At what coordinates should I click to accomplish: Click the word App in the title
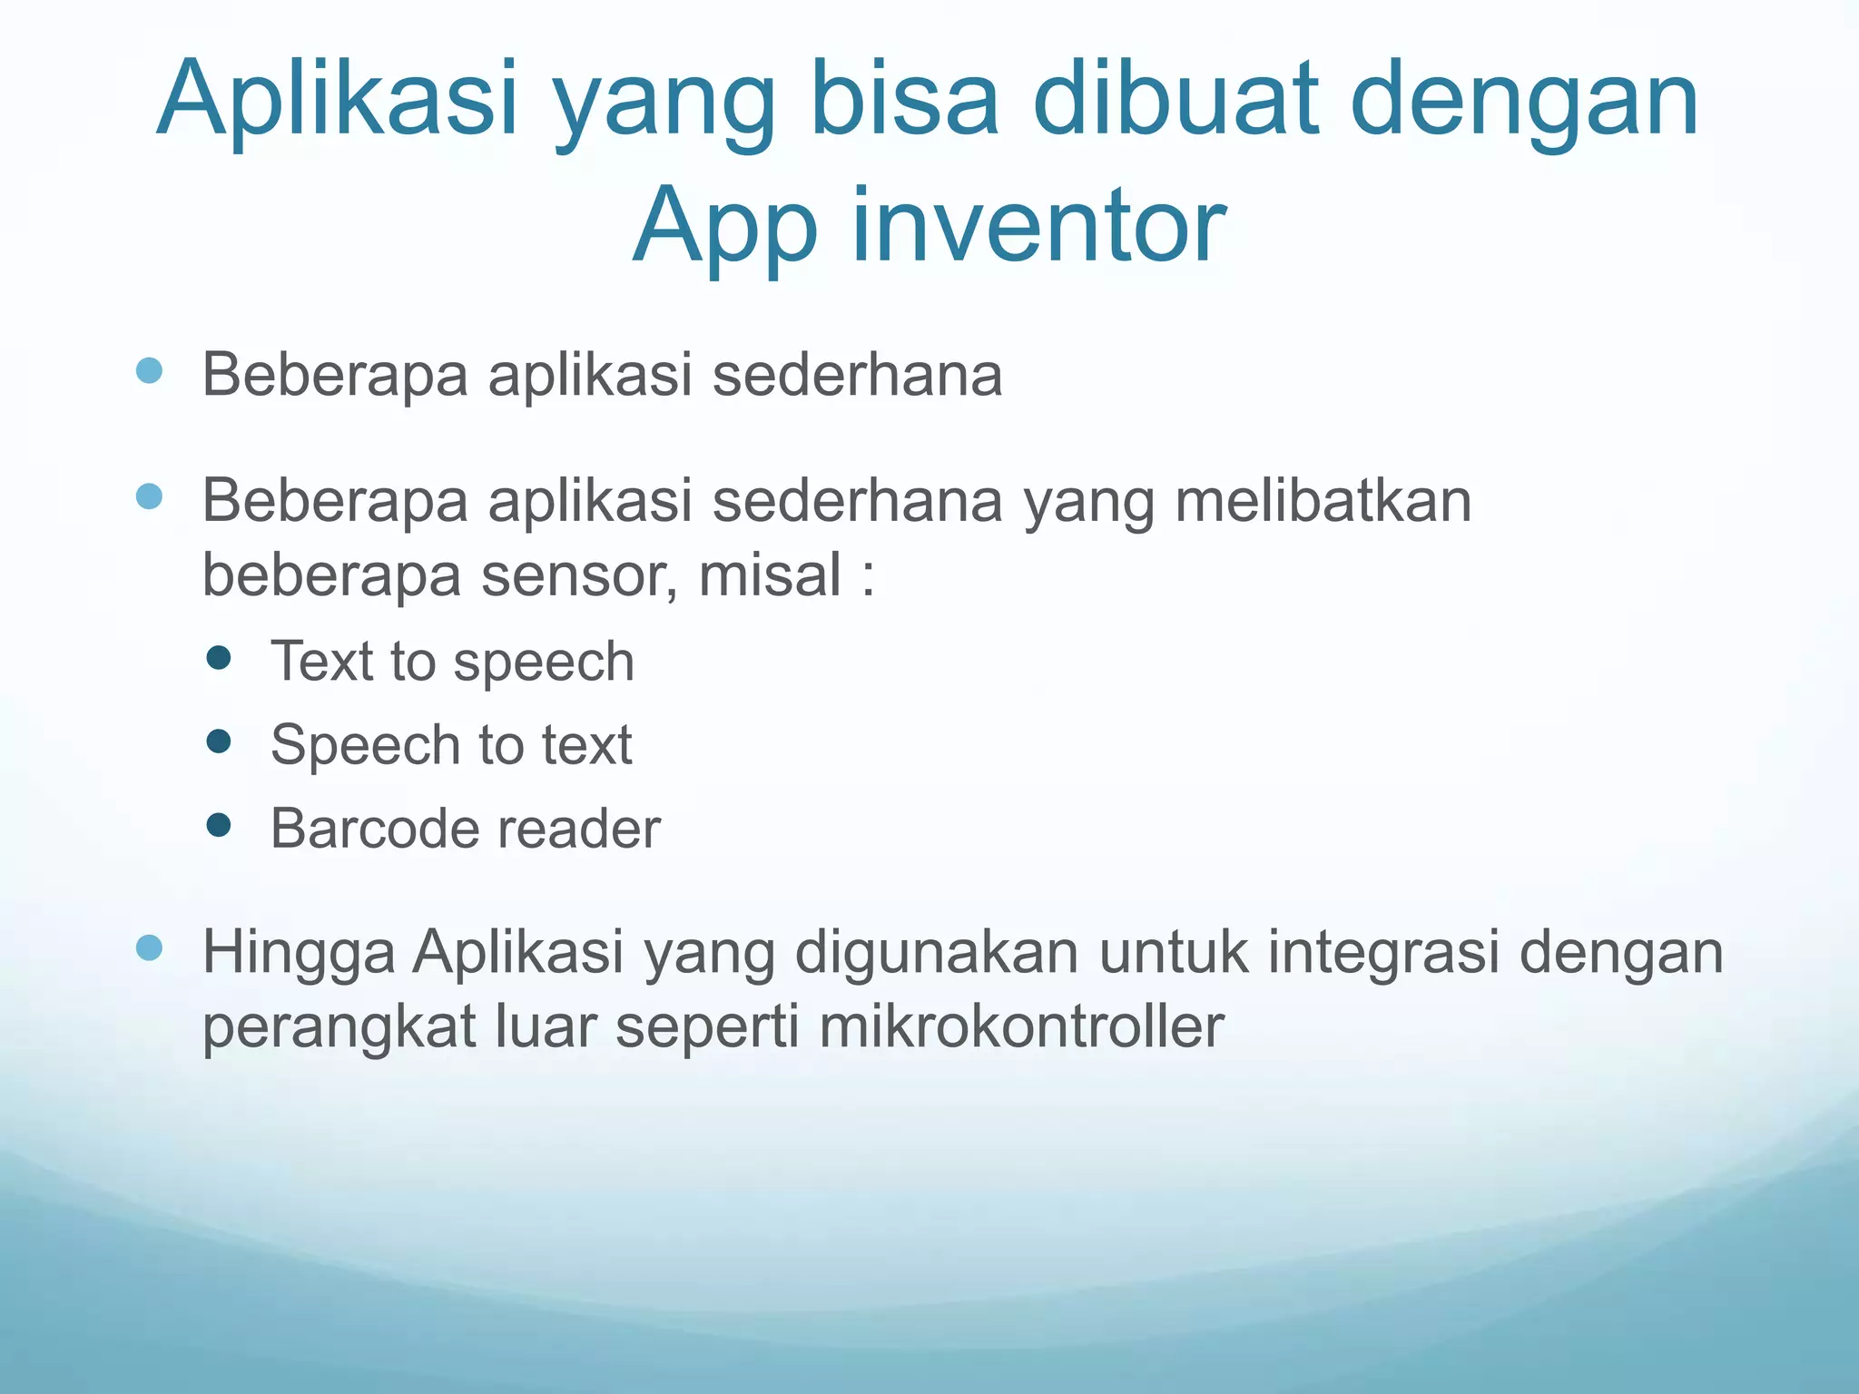[725, 227]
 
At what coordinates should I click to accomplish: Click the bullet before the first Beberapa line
[149, 370]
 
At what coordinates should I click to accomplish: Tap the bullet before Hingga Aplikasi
[149, 948]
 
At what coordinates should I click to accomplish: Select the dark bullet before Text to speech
[219, 658]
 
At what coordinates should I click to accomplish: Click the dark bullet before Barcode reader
[219, 825]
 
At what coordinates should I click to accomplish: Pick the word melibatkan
[1323, 500]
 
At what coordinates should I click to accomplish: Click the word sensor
[578, 575]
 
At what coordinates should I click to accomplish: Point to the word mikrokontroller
[1021, 1026]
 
